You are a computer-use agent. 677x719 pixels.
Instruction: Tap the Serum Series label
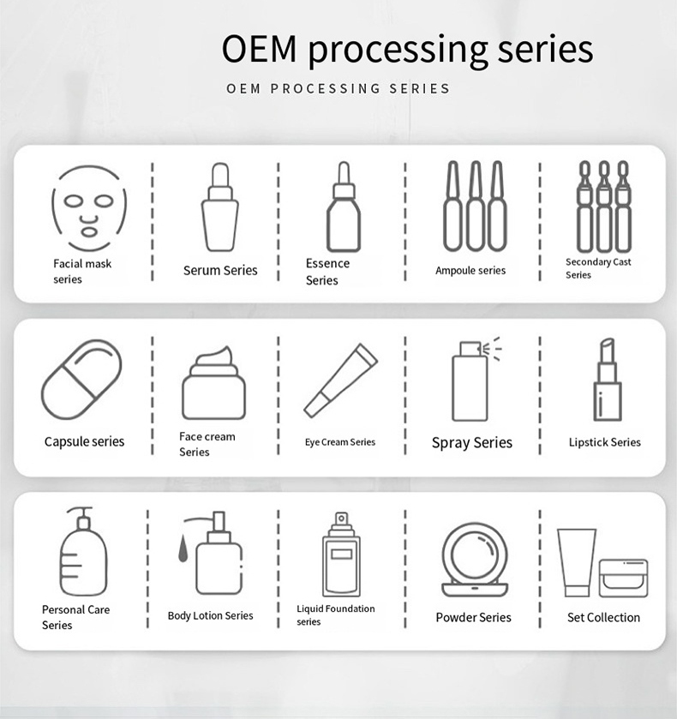[220, 270]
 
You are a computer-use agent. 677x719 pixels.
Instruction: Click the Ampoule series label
[470, 271]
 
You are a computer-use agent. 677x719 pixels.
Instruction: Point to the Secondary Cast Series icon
[604, 207]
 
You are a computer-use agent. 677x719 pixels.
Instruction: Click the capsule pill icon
[81, 380]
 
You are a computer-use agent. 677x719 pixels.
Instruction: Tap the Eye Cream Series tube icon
[340, 380]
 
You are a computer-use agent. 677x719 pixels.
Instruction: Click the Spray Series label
[471, 443]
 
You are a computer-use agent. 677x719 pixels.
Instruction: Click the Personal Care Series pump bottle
[83, 552]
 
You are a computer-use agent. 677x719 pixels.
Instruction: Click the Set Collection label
[603, 617]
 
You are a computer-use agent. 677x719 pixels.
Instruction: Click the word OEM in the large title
[261, 49]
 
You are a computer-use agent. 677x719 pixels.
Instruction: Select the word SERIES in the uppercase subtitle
[420, 88]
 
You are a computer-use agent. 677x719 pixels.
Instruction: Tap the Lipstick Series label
[604, 442]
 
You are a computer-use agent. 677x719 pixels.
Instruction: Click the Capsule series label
[84, 442]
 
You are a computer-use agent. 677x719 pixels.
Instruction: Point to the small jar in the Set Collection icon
[623, 577]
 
